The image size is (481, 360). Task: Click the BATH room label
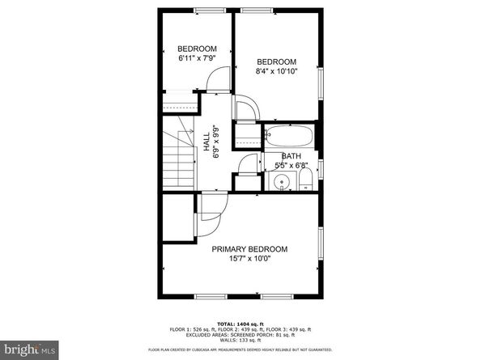click(292, 156)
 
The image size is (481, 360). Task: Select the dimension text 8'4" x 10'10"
click(276, 71)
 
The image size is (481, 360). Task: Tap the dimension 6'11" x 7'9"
click(197, 58)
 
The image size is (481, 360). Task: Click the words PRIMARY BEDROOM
click(249, 249)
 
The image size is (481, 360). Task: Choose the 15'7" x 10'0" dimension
click(249, 259)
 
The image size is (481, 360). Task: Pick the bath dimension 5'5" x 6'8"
click(292, 166)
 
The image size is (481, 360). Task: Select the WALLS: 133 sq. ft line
click(240, 340)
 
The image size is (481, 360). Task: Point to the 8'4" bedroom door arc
click(246, 110)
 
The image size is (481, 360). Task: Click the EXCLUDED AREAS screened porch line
click(240, 334)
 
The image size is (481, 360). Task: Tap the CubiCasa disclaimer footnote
click(240, 349)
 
